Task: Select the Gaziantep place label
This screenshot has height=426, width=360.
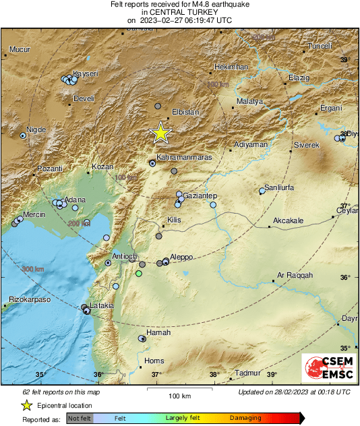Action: pyautogui.click(x=199, y=195)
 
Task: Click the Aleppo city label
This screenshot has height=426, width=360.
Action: pyautogui.click(x=182, y=257)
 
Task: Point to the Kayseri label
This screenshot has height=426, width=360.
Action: pyautogui.click(x=86, y=73)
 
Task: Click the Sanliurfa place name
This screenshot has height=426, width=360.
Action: pyautogui.click(x=278, y=187)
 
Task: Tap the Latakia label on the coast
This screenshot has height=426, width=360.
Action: pyautogui.click(x=102, y=305)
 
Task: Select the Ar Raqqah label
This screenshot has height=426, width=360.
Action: pyautogui.click(x=295, y=275)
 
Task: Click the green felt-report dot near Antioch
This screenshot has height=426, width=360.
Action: pyautogui.click(x=139, y=274)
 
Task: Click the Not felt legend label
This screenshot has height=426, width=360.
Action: pyautogui.click(x=80, y=419)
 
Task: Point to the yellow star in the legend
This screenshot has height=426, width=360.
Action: pyautogui.click(x=26, y=405)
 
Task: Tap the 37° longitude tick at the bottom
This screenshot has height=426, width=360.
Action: pyautogui.click(x=156, y=375)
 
